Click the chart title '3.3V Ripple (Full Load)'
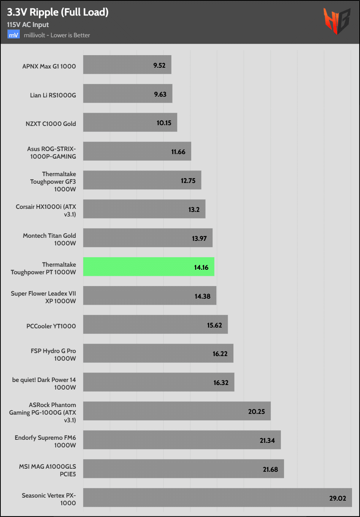(x=58, y=12)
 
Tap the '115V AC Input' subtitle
(x=28, y=25)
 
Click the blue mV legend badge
(x=13, y=35)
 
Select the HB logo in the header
(x=336, y=21)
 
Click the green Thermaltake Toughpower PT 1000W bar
(x=149, y=267)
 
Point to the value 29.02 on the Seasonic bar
(x=338, y=498)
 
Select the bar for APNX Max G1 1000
(x=127, y=65)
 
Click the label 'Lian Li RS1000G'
(x=53, y=95)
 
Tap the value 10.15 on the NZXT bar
(x=164, y=123)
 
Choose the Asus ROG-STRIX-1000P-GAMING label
(x=52, y=153)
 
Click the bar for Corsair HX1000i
(x=144, y=209)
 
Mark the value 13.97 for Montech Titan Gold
(x=199, y=239)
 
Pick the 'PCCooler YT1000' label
(x=51, y=326)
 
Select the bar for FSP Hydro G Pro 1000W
(x=158, y=353)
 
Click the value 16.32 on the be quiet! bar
(x=220, y=383)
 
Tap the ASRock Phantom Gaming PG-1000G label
(x=43, y=412)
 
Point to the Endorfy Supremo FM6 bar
(x=182, y=440)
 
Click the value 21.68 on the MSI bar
(x=270, y=469)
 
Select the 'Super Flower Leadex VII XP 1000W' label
(x=43, y=297)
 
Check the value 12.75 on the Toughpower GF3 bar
(x=188, y=181)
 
